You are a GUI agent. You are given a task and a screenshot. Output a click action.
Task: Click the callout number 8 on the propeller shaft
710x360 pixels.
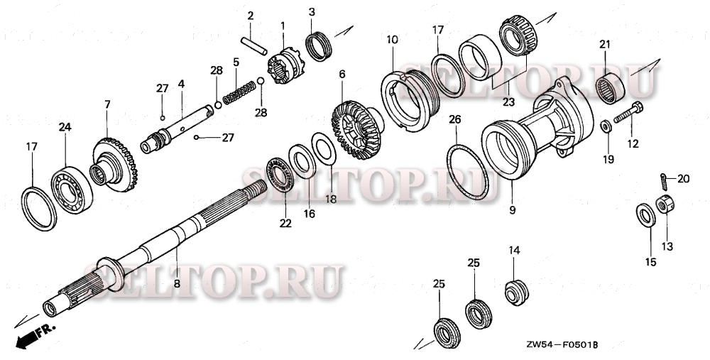click(176, 283)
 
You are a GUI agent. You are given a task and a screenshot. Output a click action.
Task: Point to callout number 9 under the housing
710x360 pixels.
click(512, 210)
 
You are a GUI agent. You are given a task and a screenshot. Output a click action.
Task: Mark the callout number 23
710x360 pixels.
click(508, 102)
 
